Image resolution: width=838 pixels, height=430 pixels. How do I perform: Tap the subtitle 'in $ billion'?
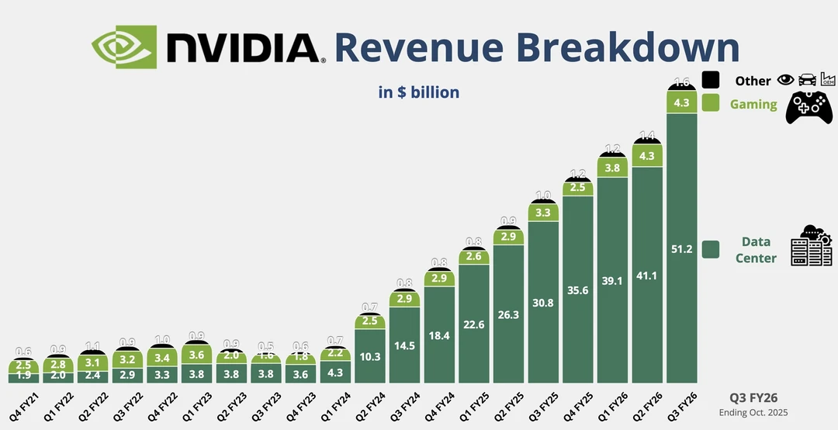point(419,92)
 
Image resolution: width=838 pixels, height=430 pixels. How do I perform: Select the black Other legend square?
point(711,80)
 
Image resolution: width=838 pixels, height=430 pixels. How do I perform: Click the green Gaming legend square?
point(711,103)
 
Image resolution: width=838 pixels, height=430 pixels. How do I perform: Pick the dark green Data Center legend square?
point(711,249)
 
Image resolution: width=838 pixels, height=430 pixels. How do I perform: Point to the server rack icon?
point(811,246)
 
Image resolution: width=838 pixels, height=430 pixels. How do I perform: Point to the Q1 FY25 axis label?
point(473,407)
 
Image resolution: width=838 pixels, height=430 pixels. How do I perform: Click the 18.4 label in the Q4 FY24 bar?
point(438,335)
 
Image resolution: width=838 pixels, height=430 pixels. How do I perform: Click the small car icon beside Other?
point(807,80)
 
